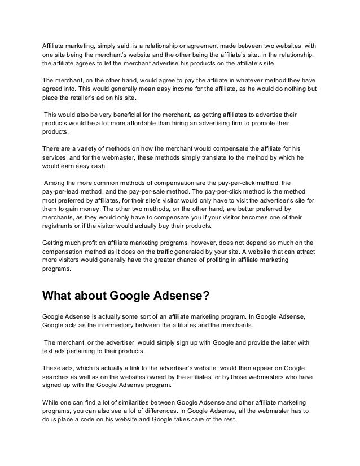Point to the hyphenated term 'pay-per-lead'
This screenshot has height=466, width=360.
tap(62, 192)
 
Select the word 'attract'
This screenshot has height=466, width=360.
tap(305, 252)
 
